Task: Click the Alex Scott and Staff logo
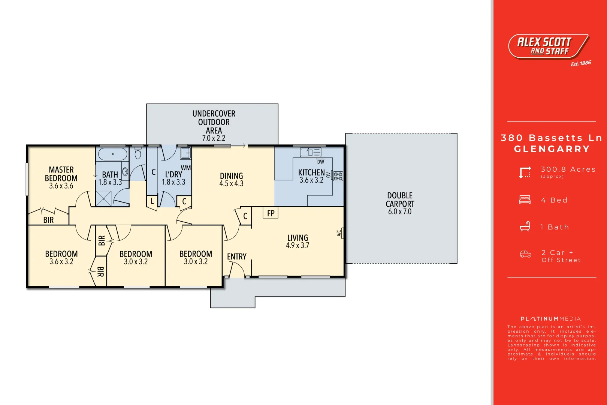[x=548, y=46]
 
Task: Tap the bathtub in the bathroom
[x=112, y=154]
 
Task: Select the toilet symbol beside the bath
[x=138, y=153]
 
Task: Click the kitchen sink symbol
[x=311, y=152]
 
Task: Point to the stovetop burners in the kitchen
[x=338, y=176]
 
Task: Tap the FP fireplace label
[x=271, y=213]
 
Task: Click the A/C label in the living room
[x=339, y=233]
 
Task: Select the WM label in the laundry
[x=186, y=168]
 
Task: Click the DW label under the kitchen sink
[x=320, y=162]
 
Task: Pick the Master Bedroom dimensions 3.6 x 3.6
[x=61, y=186]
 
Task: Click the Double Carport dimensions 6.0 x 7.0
[x=400, y=212]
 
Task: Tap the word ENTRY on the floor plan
[x=237, y=256]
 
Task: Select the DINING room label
[x=231, y=176]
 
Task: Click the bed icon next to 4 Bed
[x=525, y=199]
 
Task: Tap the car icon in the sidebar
[x=525, y=255]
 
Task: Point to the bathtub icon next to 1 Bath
[x=525, y=226]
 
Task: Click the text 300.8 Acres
[x=568, y=169]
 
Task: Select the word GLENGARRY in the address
[x=552, y=149]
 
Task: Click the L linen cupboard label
[x=152, y=201]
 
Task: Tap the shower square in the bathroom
[x=103, y=199]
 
